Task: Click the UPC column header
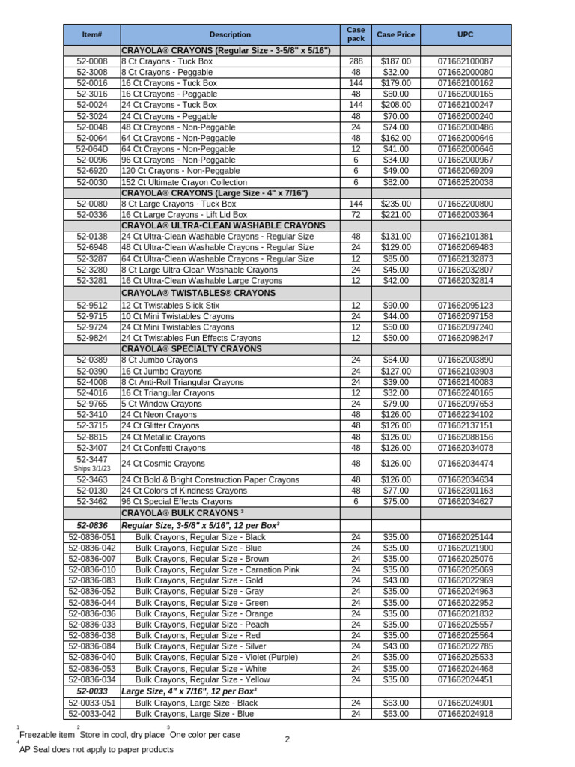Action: click(x=465, y=34)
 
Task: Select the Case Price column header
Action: click(x=395, y=34)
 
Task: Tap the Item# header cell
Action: click(x=91, y=34)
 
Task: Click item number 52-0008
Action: click(x=92, y=61)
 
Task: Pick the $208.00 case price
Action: click(x=395, y=106)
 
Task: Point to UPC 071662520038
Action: click(x=465, y=182)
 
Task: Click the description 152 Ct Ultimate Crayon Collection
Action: click(x=183, y=182)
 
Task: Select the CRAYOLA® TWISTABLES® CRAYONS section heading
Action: click(x=198, y=293)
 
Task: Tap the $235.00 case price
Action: click(x=395, y=204)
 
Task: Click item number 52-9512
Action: click(x=92, y=306)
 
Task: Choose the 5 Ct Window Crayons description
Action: click(x=162, y=404)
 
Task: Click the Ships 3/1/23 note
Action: click(x=92, y=469)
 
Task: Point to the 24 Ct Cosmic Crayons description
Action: click(x=162, y=464)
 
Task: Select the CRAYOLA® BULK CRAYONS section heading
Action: click(x=183, y=513)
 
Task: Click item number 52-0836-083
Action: click(x=92, y=580)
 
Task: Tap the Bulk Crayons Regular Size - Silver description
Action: click(x=201, y=646)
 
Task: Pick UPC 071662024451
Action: click(x=465, y=679)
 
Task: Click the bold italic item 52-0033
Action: click(x=92, y=691)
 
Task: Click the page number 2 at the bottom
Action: click(x=287, y=740)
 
